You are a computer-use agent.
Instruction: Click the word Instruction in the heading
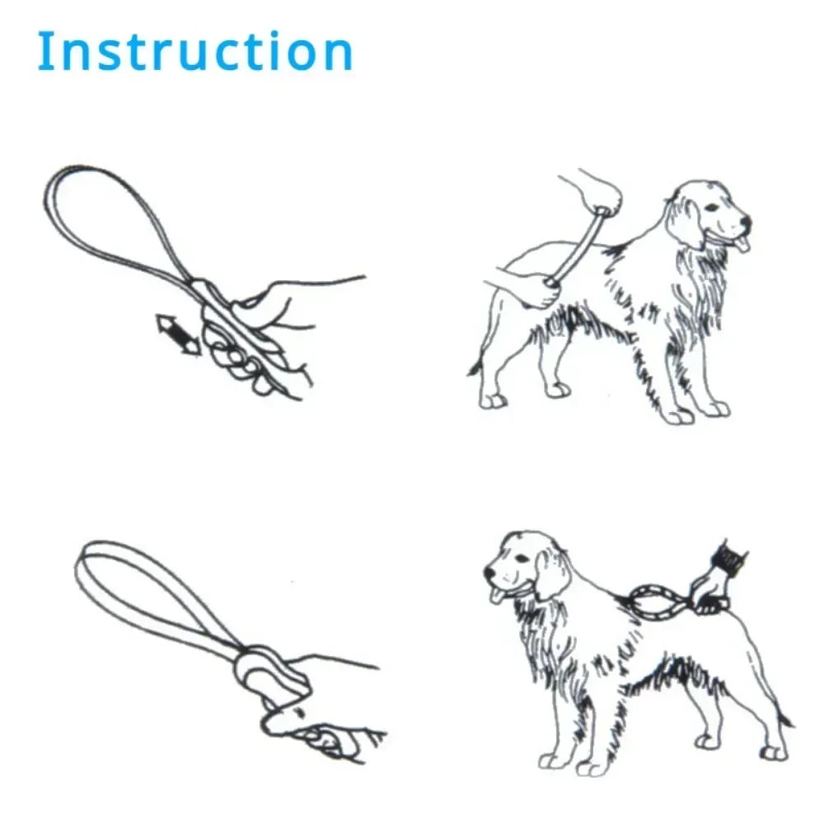pyautogui.click(x=195, y=51)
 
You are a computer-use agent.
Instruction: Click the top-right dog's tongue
pyautogui.click(x=745, y=244)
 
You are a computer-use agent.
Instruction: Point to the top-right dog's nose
pyautogui.click(x=746, y=222)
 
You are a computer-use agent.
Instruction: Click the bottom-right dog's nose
pyautogui.click(x=489, y=569)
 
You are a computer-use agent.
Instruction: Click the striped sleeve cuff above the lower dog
pyautogui.click(x=729, y=557)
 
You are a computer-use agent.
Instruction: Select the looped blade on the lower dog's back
pyautogui.click(x=659, y=602)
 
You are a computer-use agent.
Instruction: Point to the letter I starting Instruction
pyautogui.click(x=44, y=51)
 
